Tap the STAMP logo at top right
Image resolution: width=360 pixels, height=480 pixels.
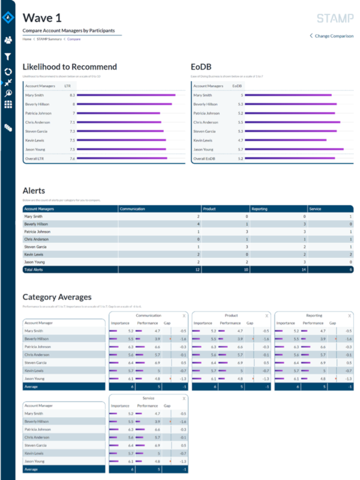click(335, 18)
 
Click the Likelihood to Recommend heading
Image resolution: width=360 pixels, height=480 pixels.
click(70, 67)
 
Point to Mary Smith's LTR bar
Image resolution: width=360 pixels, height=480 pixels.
click(126, 95)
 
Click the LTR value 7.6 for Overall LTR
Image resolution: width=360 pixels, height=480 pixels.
click(72, 159)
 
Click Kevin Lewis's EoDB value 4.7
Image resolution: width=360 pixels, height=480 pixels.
click(240, 140)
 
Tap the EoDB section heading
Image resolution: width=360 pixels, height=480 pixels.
click(200, 67)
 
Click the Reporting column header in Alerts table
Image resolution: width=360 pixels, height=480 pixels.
click(259, 209)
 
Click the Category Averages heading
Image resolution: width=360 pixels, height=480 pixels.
click(57, 297)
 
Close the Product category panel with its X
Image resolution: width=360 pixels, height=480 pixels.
click(266, 315)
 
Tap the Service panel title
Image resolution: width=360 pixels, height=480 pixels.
click(148, 398)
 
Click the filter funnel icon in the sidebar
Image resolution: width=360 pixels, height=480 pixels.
click(8, 57)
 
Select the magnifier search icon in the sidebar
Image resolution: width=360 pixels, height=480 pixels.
click(8, 94)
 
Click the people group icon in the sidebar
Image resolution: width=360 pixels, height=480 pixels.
click(8, 40)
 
